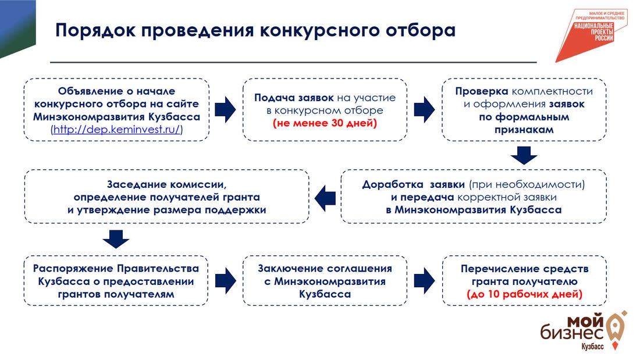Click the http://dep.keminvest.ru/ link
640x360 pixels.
click(x=117, y=130)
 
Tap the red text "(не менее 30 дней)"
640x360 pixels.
click(x=325, y=123)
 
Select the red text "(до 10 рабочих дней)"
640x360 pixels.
click(x=525, y=295)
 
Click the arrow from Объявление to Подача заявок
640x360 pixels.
click(x=225, y=109)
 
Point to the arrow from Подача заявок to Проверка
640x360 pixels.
click(x=425, y=109)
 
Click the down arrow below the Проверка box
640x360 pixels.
click(x=524, y=155)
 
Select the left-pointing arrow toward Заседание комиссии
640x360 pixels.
click(x=325, y=196)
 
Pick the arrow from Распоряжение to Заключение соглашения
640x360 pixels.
click(x=225, y=279)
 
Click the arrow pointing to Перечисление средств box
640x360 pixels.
click(x=425, y=279)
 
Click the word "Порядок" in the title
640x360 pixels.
click(x=93, y=31)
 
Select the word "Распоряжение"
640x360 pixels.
click(x=72, y=269)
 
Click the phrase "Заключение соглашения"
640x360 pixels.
click(x=325, y=269)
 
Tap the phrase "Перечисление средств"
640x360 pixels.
click(x=524, y=269)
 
